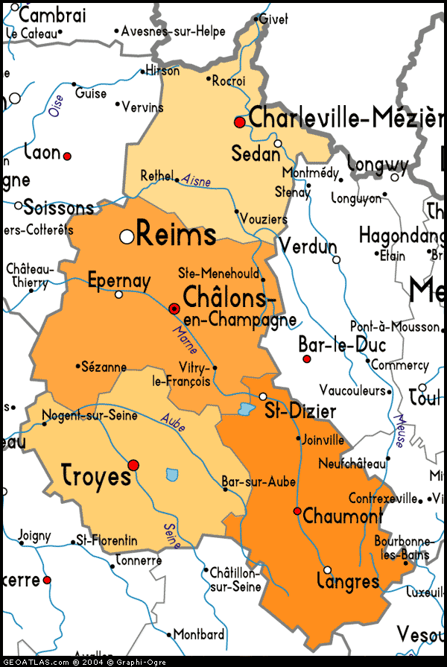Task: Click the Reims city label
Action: click(x=177, y=235)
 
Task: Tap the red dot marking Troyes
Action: click(x=133, y=465)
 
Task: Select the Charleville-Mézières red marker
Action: click(x=239, y=121)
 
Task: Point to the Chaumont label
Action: click(x=342, y=516)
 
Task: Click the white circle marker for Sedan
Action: click(x=278, y=143)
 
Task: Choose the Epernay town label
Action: click(x=119, y=282)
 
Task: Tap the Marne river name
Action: click(x=184, y=339)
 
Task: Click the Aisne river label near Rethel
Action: click(x=196, y=180)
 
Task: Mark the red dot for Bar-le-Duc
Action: click(x=306, y=359)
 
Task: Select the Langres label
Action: click(x=348, y=581)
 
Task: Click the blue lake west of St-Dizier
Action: click(x=245, y=408)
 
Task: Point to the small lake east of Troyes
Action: click(x=173, y=474)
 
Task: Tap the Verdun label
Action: click(x=308, y=246)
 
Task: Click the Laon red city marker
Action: click(x=67, y=157)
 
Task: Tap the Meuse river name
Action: click(x=400, y=430)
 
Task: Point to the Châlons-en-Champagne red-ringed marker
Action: click(x=174, y=308)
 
